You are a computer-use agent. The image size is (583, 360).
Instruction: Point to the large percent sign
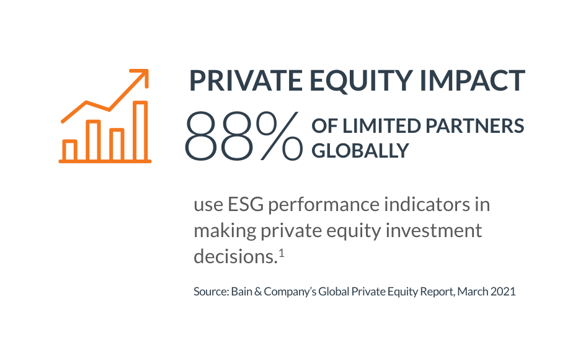[279, 136]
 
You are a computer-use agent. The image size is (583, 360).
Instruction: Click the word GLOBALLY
[360, 151]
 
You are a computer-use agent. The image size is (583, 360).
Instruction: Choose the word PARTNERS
[475, 126]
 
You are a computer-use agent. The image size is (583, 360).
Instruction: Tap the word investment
[434, 230]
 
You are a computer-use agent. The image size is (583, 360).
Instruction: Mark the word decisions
[236, 256]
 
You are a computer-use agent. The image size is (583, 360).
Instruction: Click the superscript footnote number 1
[282, 253]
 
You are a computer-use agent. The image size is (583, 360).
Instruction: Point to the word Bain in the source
[242, 292]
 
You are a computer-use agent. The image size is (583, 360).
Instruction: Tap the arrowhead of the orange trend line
[143, 74]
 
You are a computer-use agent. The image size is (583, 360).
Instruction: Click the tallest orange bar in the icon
[140, 131]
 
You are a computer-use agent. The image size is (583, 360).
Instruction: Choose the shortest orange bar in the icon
[70, 150]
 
